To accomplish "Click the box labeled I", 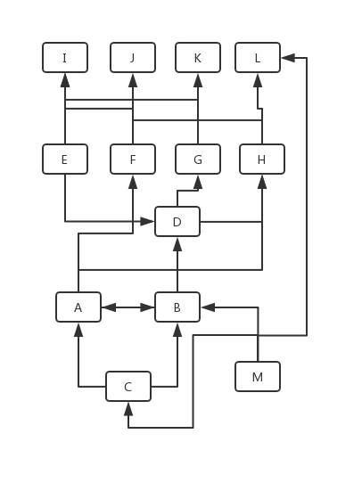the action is [65, 58].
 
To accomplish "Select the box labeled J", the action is [133, 58].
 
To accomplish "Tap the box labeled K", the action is [198, 58].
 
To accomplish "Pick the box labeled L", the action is [258, 58].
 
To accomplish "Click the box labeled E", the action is [65, 159].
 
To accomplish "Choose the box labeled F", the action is [133, 159].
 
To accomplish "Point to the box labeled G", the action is [198, 159].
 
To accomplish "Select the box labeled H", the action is [262, 159].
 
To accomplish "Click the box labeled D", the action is [177, 222].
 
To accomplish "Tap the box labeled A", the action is [78, 307].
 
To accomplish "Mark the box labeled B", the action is [177, 307].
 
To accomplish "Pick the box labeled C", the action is [128, 386].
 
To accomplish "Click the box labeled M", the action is [258, 376].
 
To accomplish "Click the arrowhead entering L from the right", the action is [288, 58].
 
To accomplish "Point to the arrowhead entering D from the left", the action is [147, 222].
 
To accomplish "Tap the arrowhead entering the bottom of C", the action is [128, 409].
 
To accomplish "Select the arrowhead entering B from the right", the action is [208, 307].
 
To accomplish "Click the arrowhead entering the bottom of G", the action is [198, 182].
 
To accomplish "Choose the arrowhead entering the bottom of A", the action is [78, 330].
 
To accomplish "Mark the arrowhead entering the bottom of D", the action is [177, 244].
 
